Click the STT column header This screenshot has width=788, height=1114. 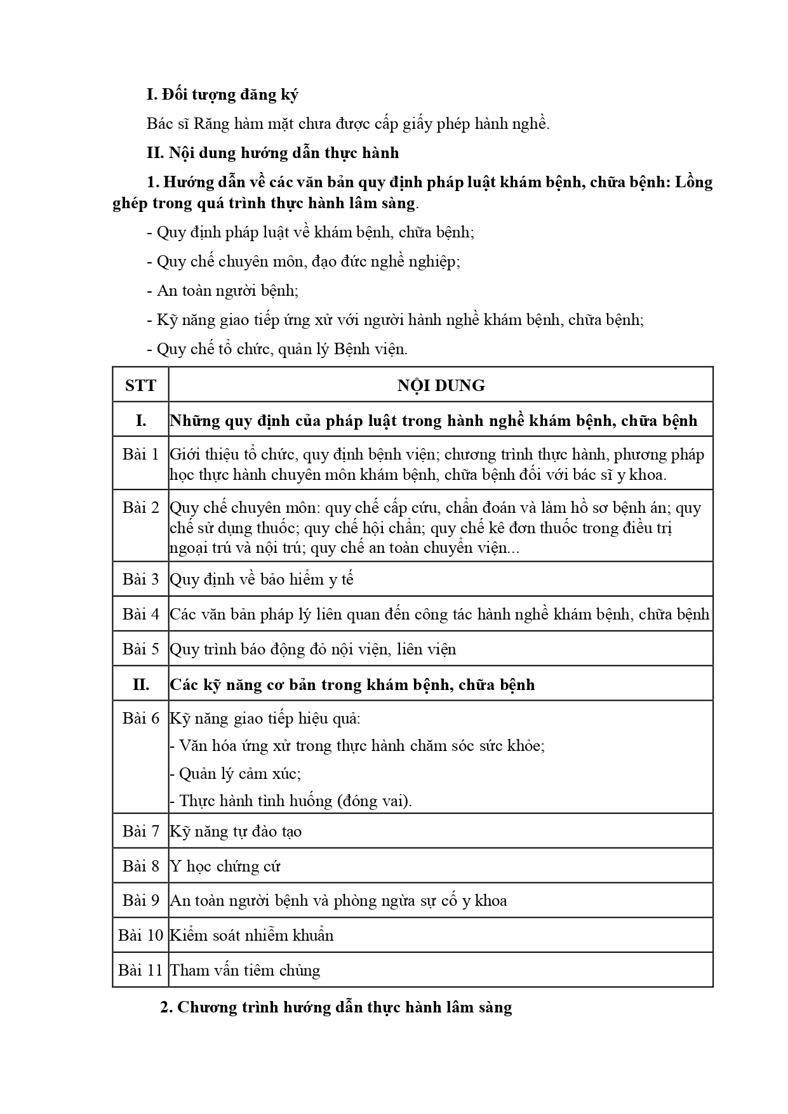pos(140,385)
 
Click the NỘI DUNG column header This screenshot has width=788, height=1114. pos(441,385)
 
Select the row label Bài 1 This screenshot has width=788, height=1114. pos(140,454)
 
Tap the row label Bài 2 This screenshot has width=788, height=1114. pos(140,507)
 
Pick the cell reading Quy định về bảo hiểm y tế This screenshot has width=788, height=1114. pos(262,579)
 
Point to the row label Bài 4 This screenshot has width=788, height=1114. pos(140,614)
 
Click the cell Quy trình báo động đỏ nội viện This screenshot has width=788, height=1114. pos(313,649)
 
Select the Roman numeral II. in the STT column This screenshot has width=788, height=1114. pos(140,684)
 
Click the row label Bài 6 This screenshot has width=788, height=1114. pos(140,718)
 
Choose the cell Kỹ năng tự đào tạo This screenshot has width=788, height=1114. pos(236,831)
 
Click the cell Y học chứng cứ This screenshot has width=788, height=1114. pos(225,866)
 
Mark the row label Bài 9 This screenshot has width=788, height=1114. pos(140,900)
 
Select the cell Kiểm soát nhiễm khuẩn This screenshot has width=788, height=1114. pos(251,935)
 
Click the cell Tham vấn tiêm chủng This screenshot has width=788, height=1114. pos(245,970)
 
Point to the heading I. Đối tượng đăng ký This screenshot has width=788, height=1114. pos(222,95)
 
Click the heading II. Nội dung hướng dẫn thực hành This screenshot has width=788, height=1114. pos(273,153)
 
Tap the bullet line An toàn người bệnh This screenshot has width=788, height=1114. pos(227,290)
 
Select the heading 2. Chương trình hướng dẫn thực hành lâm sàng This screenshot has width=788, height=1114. pos(336,1007)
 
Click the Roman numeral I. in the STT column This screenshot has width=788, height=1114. pos(140,420)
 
